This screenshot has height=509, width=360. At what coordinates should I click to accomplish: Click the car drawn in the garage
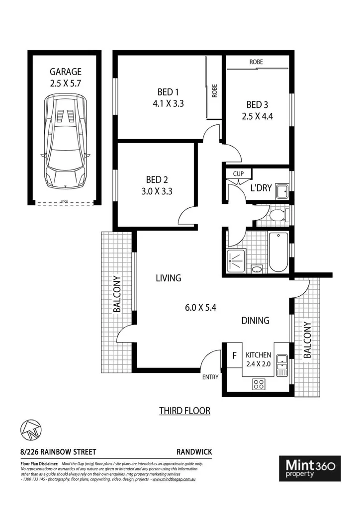pyautogui.click(x=67, y=141)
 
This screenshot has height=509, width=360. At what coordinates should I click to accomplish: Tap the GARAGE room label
pyautogui.click(x=66, y=72)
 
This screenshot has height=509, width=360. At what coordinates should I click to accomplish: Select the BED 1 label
pyautogui.click(x=168, y=92)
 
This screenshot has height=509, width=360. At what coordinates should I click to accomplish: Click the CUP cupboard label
pyautogui.click(x=239, y=174)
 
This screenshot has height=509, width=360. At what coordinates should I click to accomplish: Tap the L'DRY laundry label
pyautogui.click(x=260, y=188)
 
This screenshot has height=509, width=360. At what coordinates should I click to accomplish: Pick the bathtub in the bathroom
pyautogui.click(x=278, y=252)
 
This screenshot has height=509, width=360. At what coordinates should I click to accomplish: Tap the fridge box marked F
pyautogui.click(x=234, y=355)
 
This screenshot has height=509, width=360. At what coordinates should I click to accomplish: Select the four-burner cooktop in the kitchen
pyautogui.click(x=259, y=383)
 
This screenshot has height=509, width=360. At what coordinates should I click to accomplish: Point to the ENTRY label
pyautogui.click(x=210, y=377)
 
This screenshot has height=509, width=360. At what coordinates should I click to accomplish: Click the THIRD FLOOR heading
pyautogui.click(x=184, y=411)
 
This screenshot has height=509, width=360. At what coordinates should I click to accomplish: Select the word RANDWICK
pyautogui.click(x=194, y=452)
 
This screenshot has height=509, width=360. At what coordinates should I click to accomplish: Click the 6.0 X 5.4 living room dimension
pyautogui.click(x=200, y=307)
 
